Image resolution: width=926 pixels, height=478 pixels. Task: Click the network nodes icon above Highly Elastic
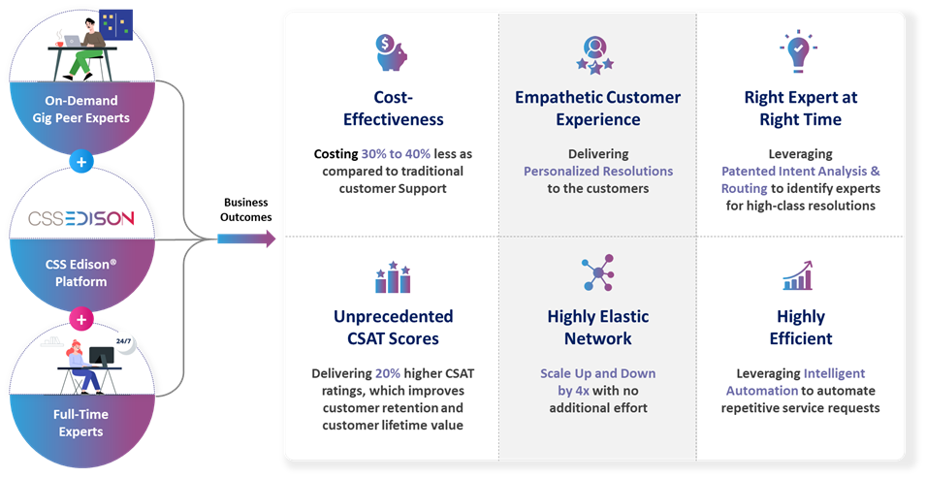[595, 274]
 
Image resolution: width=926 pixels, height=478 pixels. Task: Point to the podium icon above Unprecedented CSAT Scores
[393, 277]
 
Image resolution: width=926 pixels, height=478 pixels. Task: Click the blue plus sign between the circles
[81, 162]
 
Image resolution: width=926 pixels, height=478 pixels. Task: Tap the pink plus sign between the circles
[81, 318]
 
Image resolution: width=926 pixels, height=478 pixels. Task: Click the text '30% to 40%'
[396, 154]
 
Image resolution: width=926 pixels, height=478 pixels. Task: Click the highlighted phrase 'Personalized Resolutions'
[597, 171]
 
